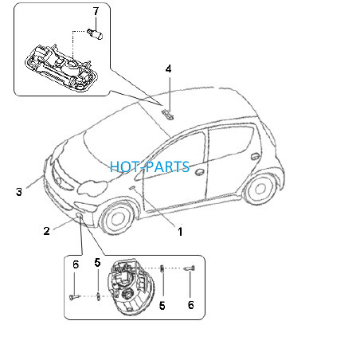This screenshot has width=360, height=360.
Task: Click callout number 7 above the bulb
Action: point(96,11)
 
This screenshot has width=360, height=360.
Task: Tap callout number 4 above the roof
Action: point(169,69)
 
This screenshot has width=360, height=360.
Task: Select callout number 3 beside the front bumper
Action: point(19,192)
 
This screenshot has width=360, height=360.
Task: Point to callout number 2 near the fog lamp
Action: point(47,231)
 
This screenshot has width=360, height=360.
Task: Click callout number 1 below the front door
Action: point(180,232)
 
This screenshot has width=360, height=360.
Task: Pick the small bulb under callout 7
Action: point(95,33)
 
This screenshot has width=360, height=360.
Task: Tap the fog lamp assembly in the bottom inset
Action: point(131,287)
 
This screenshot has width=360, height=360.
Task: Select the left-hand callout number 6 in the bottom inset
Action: point(76,264)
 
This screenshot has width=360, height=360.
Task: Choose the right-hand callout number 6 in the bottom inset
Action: point(191,305)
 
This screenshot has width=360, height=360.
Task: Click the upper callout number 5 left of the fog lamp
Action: point(97,263)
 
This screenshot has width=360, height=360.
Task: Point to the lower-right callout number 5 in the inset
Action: point(162,306)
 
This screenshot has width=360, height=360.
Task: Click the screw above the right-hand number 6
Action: point(190,268)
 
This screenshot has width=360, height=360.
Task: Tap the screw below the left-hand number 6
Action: point(74,297)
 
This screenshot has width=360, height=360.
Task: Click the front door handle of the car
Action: point(199,172)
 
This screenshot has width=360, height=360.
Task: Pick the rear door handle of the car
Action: point(256,156)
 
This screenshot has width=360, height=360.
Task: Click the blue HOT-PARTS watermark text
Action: point(150,166)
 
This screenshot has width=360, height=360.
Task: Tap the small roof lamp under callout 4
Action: point(168,115)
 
